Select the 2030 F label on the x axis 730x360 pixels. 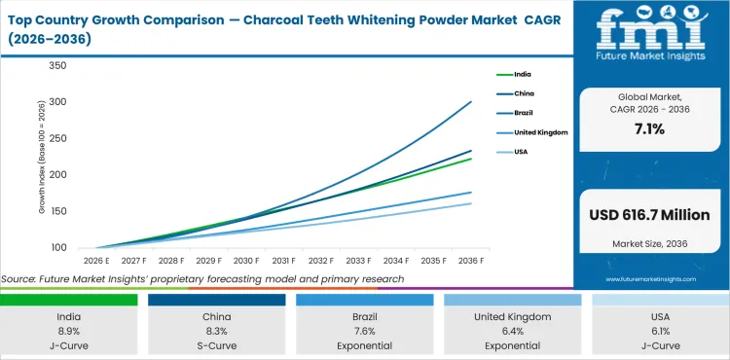pos(244,262)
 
